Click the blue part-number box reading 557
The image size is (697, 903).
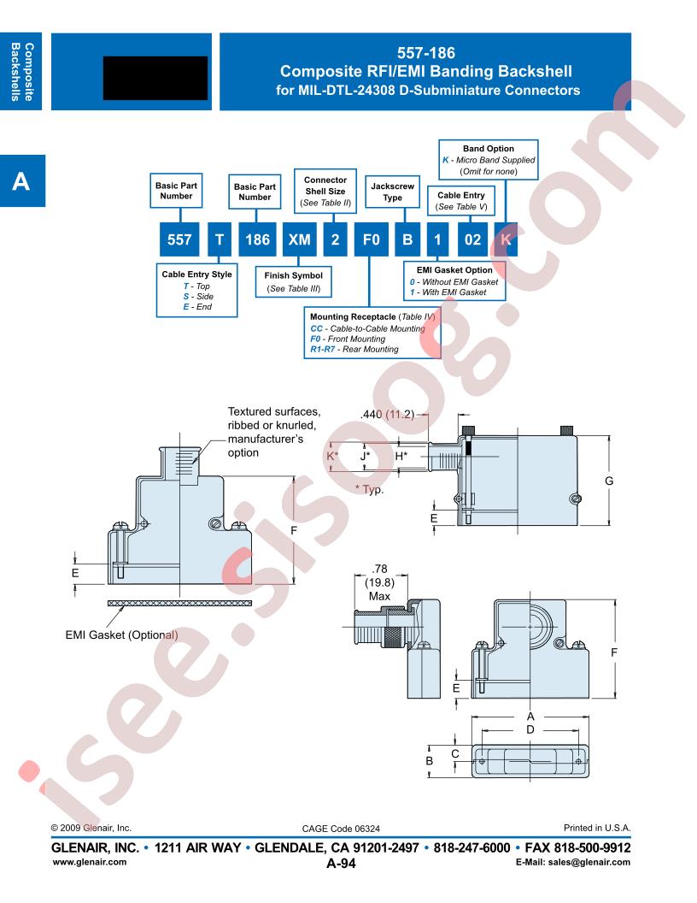click(x=179, y=239)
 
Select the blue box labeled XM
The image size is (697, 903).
click(x=299, y=239)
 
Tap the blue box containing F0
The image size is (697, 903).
click(x=371, y=239)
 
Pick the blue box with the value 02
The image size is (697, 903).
click(x=472, y=239)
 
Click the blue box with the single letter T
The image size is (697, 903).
click(x=220, y=239)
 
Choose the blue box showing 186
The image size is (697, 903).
click(x=257, y=239)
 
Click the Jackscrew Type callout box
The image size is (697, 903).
click(x=392, y=192)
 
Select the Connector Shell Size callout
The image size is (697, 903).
click(x=325, y=192)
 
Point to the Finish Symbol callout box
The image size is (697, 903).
click(x=293, y=281)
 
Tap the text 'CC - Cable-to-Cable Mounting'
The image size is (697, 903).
click(x=367, y=328)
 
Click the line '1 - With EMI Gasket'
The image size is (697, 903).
click(x=448, y=292)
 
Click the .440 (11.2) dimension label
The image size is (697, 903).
click(x=387, y=414)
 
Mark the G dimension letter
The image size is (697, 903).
click(x=609, y=481)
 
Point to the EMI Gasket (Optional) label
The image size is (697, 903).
click(x=121, y=634)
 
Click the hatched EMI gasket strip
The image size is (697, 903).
click(x=179, y=603)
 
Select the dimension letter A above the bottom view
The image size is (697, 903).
click(x=530, y=717)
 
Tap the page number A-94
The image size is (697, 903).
click(x=341, y=863)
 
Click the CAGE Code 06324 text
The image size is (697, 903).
click(x=341, y=829)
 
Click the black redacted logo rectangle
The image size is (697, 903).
click(x=155, y=78)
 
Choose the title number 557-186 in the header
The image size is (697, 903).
click(x=426, y=53)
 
